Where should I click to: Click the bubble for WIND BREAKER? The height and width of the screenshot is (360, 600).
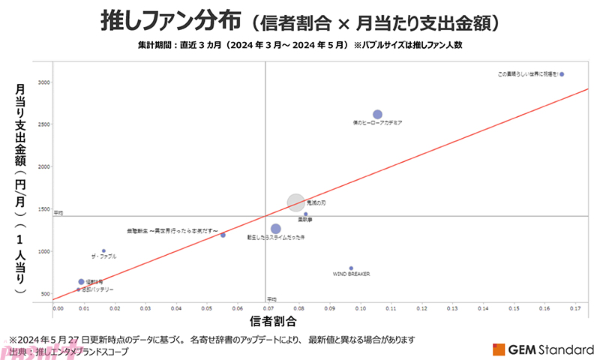click(x=351, y=268)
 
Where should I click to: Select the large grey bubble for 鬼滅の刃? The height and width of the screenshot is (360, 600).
click(x=296, y=202)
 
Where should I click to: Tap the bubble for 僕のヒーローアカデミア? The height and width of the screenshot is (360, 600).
click(x=377, y=114)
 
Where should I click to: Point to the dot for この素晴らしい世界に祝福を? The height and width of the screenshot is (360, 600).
click(x=562, y=74)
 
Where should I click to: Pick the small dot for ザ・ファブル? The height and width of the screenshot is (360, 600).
click(x=103, y=250)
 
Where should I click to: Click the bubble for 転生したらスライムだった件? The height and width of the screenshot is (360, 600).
click(x=275, y=229)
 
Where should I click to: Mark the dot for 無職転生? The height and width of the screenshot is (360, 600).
click(x=223, y=235)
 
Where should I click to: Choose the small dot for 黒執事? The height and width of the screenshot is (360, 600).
click(x=305, y=214)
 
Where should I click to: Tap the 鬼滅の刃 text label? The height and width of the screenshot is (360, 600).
click(x=317, y=202)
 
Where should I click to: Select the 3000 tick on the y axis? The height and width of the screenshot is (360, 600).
click(x=43, y=82)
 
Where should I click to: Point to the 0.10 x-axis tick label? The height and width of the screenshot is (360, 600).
click(x=360, y=307)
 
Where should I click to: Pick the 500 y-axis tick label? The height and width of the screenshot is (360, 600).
click(x=44, y=294)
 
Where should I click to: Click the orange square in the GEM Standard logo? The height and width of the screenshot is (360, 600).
click(x=499, y=349)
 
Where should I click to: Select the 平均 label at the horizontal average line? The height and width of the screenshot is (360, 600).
click(x=58, y=212)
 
